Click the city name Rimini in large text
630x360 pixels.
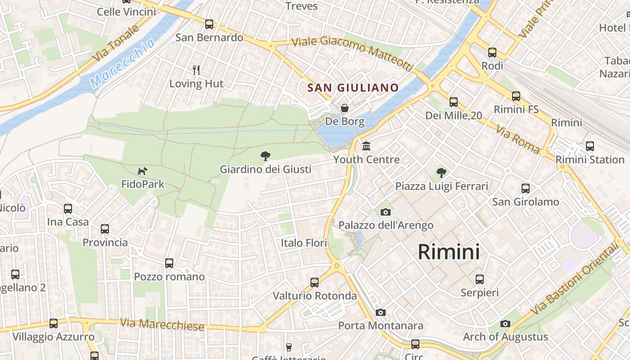(449, 252)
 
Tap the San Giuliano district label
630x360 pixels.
(353, 87)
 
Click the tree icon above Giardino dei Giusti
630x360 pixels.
(265, 156)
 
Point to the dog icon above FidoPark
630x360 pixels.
(142, 171)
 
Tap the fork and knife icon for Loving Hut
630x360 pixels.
(196, 70)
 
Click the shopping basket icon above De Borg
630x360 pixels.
(345, 108)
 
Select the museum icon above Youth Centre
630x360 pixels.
(366, 146)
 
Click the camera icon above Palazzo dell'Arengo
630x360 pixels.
(386, 212)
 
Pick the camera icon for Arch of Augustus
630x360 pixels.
(505, 324)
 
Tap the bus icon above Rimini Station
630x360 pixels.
(589, 146)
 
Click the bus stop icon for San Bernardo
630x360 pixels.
(209, 24)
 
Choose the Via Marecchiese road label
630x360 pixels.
(162, 324)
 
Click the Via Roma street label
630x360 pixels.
(517, 139)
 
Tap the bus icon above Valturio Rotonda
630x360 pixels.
(315, 283)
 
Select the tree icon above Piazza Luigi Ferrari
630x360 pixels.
(441, 172)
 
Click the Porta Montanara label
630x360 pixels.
(381, 325)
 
